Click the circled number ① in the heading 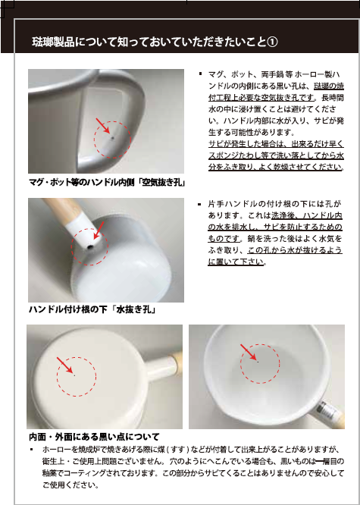[272, 42]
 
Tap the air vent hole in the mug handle [112, 138]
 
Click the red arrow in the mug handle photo [102, 126]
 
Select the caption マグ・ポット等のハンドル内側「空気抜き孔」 [106, 183]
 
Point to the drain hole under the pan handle [90, 247]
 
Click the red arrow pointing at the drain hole [99, 230]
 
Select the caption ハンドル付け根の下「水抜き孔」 [92, 310]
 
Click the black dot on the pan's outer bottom [75, 375]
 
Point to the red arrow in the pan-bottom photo [64, 365]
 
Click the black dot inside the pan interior [258, 362]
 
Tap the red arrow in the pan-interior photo [249, 352]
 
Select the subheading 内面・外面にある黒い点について [94, 437]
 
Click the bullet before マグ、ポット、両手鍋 [200, 74]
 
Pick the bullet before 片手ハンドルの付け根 [199, 204]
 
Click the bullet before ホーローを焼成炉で [31, 450]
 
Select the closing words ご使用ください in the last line [70, 485]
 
